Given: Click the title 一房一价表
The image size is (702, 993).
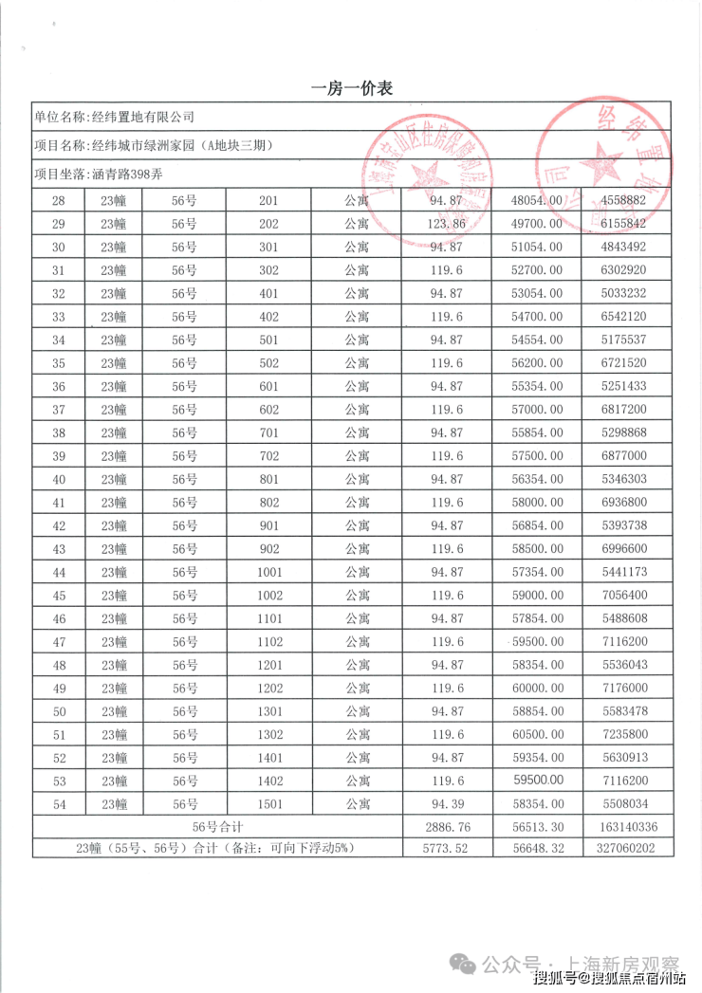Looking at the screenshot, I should (x=351, y=88).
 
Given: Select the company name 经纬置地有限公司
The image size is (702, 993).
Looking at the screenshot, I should (x=141, y=118).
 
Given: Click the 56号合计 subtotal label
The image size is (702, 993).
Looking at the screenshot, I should (x=218, y=827).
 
